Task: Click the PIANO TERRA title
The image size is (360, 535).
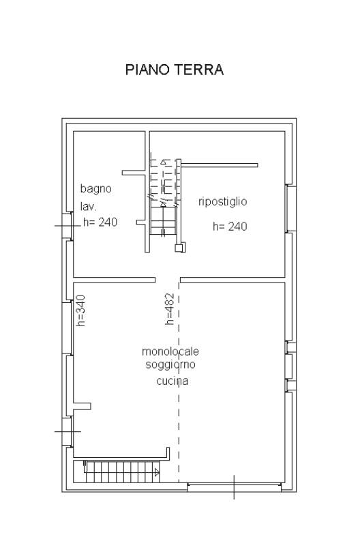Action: tap(175, 70)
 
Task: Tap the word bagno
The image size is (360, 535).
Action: tap(95, 189)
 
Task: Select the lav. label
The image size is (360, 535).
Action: tap(89, 206)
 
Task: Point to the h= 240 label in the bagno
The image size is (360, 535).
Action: tap(100, 222)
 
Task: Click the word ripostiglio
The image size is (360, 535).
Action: tap(222, 201)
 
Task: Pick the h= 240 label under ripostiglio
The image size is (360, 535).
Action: tap(230, 227)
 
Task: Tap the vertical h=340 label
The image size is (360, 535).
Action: tap(81, 310)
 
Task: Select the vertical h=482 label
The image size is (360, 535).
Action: tap(169, 308)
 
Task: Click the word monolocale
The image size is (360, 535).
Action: tap(170, 351)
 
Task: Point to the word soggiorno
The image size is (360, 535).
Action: tap(170, 364)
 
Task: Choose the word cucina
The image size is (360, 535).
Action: tap(172, 381)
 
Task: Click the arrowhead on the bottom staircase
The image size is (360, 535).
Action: tap(157, 472)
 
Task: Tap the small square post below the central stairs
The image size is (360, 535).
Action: tap(180, 247)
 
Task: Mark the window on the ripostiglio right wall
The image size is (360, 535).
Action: tap(290, 209)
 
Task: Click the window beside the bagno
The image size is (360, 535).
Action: tap(67, 226)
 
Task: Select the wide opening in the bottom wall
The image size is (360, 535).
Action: tap(235, 487)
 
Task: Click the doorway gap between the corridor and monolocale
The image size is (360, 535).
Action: tap(168, 280)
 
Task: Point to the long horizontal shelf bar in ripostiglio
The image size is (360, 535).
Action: tap(220, 165)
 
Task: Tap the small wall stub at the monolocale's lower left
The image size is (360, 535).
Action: tap(82, 406)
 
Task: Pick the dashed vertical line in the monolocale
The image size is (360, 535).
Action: tap(179, 382)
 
